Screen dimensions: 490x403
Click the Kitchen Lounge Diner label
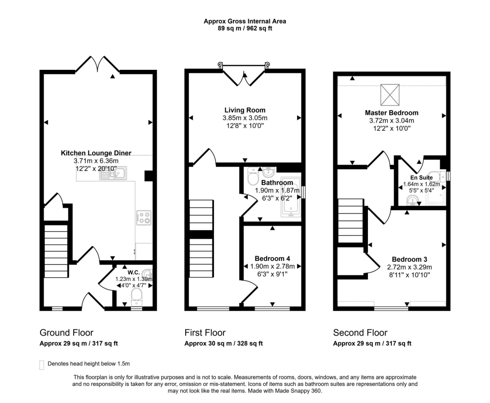point(96,153)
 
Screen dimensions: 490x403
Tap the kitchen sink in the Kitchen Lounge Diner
point(113,173)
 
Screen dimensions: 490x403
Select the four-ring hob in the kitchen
point(144,218)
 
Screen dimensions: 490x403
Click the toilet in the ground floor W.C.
point(136,296)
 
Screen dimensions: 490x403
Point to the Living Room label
point(245,110)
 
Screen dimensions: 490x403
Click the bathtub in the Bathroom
point(290,197)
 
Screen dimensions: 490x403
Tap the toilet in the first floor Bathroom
point(252,176)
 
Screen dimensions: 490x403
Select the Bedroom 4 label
point(272,258)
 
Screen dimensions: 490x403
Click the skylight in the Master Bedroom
point(390,95)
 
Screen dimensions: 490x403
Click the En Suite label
point(422,178)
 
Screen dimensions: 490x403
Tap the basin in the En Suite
point(413,201)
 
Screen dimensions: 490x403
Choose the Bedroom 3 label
point(410,259)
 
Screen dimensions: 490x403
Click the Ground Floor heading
point(66,332)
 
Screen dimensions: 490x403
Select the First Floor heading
point(205,332)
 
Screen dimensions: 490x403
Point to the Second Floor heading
point(360,332)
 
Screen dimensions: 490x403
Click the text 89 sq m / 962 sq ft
point(245,28)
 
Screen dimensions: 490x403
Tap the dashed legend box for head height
point(42,365)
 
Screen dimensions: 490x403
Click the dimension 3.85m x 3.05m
point(245,118)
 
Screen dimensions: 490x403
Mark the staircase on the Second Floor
point(351,221)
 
